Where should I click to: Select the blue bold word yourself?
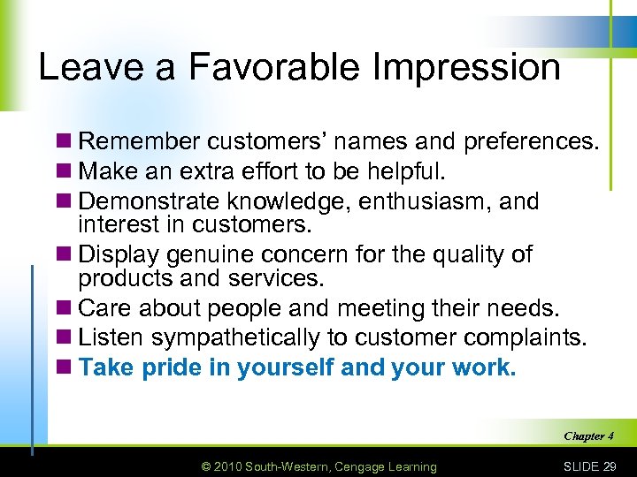(x=285, y=367)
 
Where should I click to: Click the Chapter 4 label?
(x=587, y=435)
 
